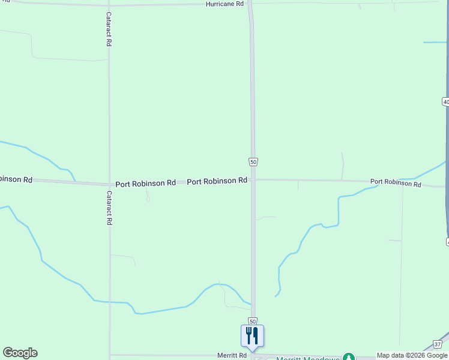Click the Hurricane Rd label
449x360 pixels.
coord(224,4)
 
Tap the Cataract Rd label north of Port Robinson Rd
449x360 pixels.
coord(109,29)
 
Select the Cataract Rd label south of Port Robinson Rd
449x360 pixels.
coord(109,208)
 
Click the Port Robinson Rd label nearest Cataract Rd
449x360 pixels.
coord(145,182)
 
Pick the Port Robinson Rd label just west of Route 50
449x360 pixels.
coord(217,181)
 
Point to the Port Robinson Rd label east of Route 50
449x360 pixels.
coord(395,182)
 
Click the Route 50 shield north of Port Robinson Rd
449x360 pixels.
coord(253,162)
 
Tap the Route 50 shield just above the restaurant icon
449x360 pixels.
coord(253,322)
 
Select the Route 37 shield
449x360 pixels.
coord(437,344)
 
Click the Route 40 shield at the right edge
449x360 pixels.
coord(445,102)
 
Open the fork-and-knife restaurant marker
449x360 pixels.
coord(252,336)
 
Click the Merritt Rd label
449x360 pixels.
coord(232,356)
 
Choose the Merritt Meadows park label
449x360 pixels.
coord(307,358)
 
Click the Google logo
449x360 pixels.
coord(20,353)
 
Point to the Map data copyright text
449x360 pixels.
coord(412,356)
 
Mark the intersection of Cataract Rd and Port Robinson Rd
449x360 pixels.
coord(109,184)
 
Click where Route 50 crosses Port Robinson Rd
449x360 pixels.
coord(253,179)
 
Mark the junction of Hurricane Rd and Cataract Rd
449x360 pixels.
coord(108,5)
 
